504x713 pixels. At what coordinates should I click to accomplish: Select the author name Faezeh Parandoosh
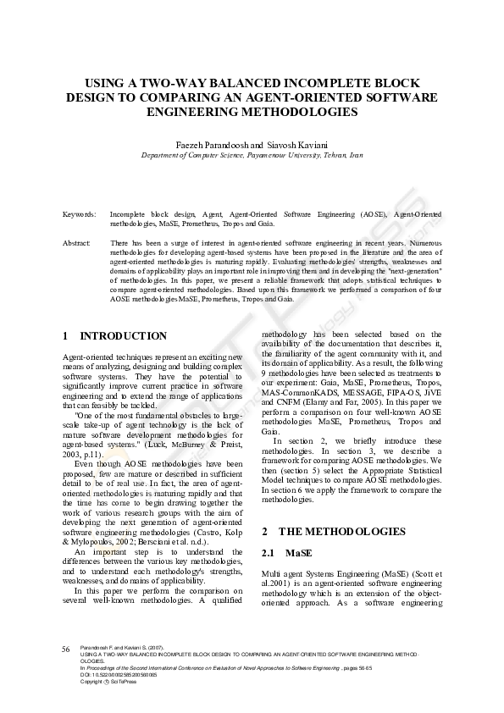(x=211, y=145)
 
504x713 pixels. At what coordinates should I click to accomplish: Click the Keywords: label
(x=80, y=214)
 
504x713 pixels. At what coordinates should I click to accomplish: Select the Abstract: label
(x=77, y=243)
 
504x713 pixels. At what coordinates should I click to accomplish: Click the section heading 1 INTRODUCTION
(x=115, y=336)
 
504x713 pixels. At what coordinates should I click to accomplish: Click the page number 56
(x=65, y=649)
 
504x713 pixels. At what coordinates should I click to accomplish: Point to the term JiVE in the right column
(x=432, y=394)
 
